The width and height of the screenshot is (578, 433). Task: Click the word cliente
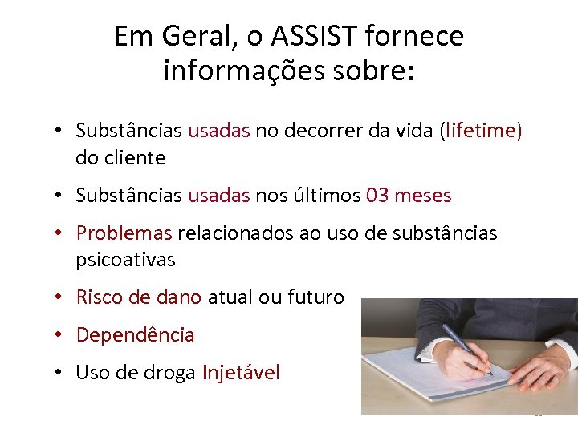(134, 158)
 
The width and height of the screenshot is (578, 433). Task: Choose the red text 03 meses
(408, 196)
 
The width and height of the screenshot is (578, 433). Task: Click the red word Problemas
(124, 233)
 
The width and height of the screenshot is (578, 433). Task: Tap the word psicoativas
(125, 260)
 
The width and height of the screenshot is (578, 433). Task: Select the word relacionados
(234, 233)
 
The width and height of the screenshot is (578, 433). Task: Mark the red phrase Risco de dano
(139, 297)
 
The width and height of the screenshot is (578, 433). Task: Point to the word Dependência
(135, 335)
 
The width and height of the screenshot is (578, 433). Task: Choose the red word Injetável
(241, 373)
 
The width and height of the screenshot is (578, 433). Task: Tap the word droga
(169, 373)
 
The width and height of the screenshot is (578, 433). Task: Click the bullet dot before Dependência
(61, 335)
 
